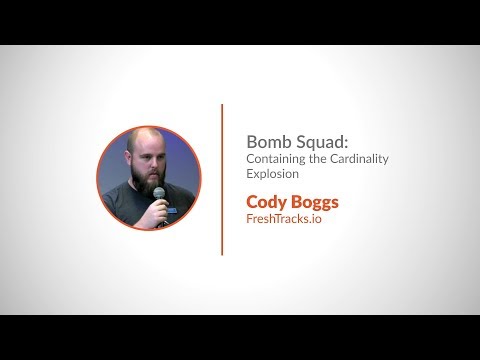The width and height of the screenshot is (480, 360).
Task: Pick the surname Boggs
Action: [x=313, y=202]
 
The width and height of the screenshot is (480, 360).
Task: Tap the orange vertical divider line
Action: [x=222, y=179]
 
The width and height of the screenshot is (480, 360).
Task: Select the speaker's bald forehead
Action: [x=143, y=138]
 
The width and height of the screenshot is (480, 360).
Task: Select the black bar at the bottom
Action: [x=240, y=337]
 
